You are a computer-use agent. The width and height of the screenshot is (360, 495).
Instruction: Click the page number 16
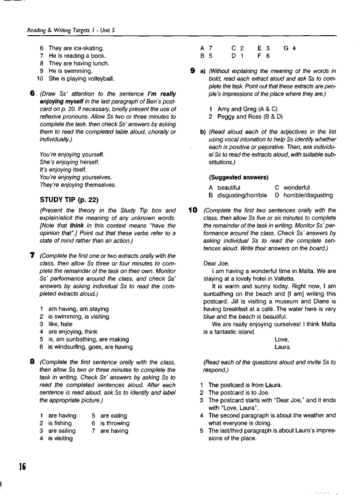[x=22, y=466]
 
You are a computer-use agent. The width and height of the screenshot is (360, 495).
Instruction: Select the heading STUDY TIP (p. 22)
[x=69, y=199]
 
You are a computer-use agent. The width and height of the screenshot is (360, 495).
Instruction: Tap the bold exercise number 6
[x=32, y=93]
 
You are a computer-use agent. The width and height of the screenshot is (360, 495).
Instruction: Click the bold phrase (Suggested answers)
[x=238, y=177]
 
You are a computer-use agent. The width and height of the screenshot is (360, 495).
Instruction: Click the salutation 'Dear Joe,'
[x=216, y=264]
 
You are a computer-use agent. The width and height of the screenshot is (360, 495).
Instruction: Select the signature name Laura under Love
[x=282, y=347]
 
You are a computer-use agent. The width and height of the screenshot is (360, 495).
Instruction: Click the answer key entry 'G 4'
[x=289, y=48]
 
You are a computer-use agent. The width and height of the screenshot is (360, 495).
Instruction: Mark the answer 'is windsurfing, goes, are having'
[x=90, y=347]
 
